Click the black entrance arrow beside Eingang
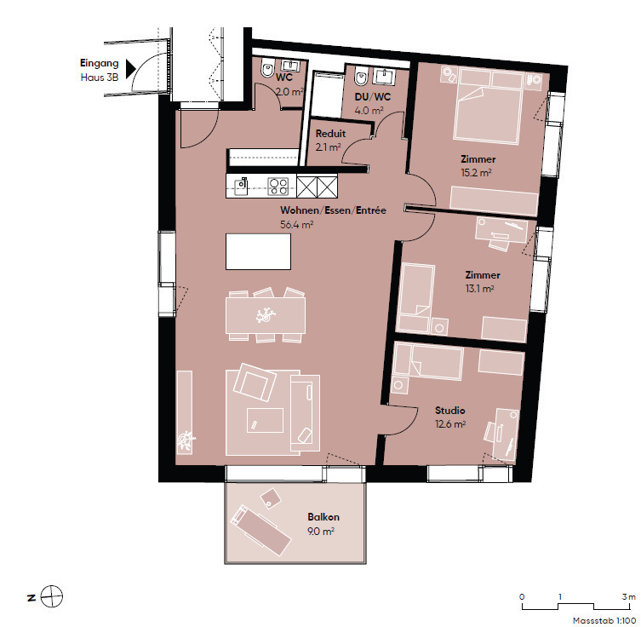pyautogui.click(x=131, y=69)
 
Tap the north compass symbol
pyautogui.click(x=52, y=596)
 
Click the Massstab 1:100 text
pyautogui.click(x=604, y=620)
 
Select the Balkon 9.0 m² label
pyautogui.click(x=323, y=524)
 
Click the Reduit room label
pyautogui.click(x=330, y=134)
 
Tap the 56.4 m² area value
pyautogui.click(x=297, y=224)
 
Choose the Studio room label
pyautogui.click(x=449, y=411)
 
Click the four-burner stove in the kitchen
pyautogui.click(x=278, y=186)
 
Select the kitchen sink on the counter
pyautogui.click(x=242, y=187)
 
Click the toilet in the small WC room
pyautogui.click(x=267, y=69)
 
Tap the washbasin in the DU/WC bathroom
pyautogui.click(x=384, y=76)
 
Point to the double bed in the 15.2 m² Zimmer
pyautogui.click(x=488, y=106)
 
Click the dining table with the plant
pyautogui.click(x=266, y=315)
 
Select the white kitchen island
pyautogui.click(x=259, y=251)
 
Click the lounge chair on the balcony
pyautogui.click(x=260, y=530)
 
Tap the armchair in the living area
pyautogui.click(x=254, y=383)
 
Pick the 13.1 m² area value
pyautogui.click(x=479, y=288)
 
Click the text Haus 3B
pyautogui.click(x=100, y=78)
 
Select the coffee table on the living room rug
pyautogui.click(x=265, y=420)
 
